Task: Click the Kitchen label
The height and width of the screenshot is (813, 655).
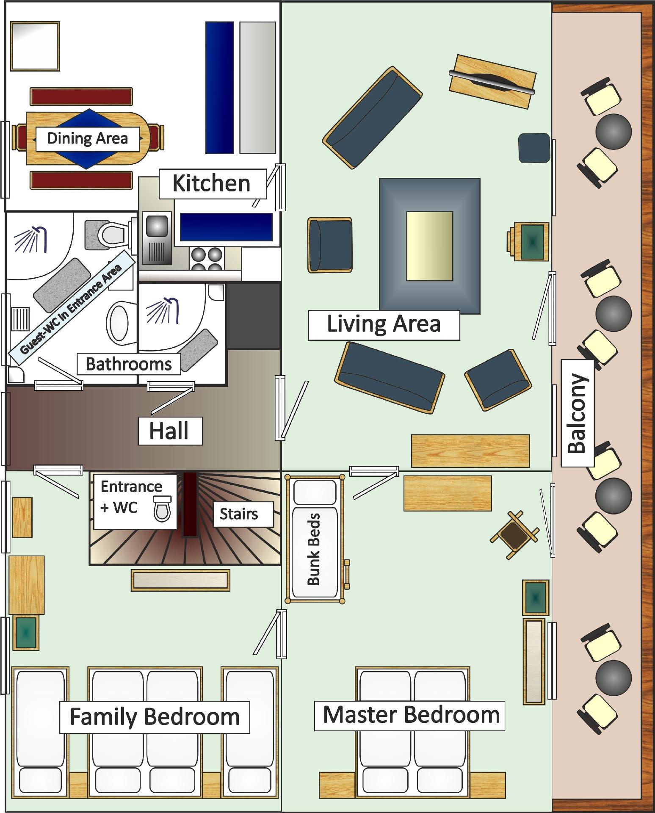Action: click(x=213, y=184)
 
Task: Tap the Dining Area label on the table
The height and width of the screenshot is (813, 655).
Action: click(x=87, y=139)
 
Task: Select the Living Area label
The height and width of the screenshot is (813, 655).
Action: click(x=384, y=325)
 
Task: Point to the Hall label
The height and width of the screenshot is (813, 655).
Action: click(x=170, y=431)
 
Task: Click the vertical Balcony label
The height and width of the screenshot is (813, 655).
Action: click(x=577, y=413)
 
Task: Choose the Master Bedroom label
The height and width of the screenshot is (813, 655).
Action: click(x=410, y=715)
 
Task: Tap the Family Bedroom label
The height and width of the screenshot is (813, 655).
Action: click(x=155, y=717)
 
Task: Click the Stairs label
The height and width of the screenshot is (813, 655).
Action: click(x=239, y=514)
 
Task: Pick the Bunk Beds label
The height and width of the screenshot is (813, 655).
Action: click(x=314, y=549)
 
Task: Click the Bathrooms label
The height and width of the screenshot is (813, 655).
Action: click(x=129, y=364)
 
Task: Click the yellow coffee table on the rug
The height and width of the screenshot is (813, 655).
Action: click(x=429, y=246)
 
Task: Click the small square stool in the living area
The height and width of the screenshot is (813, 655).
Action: click(x=534, y=148)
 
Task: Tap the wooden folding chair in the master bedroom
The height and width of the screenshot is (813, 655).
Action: click(x=514, y=535)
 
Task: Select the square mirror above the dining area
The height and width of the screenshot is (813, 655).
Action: click(x=35, y=46)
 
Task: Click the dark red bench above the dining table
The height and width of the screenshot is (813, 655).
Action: click(x=81, y=97)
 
